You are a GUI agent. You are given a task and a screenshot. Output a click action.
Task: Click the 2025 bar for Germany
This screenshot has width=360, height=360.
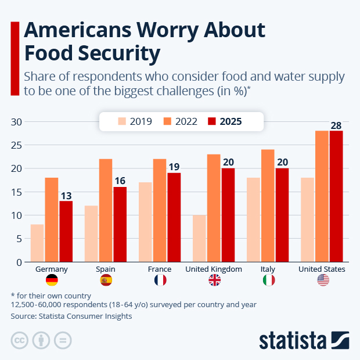tap(66, 231)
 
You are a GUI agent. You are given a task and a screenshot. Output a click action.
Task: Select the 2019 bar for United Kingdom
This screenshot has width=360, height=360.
tap(199, 238)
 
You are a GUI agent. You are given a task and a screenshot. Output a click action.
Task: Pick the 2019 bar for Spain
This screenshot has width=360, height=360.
tap(91, 233)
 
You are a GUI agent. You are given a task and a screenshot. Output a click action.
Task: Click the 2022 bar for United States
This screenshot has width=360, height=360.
tap(322, 196)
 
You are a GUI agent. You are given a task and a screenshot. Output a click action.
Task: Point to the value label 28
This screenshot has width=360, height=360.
tap(336, 125)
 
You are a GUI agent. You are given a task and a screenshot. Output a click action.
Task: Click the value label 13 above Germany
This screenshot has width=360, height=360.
tap(66, 196)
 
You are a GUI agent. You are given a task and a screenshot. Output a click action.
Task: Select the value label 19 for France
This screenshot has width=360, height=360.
tap(174, 167)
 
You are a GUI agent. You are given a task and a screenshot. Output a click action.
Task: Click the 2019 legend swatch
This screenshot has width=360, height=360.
tap(122, 121)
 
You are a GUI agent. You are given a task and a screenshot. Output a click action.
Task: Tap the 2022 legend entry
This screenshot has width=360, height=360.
tap(180, 121)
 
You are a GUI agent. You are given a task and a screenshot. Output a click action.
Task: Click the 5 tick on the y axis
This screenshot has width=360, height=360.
tap(19, 239)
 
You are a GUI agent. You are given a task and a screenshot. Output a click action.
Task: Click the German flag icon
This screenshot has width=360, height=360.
tap(52, 280)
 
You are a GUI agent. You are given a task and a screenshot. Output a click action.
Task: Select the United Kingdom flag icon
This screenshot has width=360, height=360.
tap(214, 280)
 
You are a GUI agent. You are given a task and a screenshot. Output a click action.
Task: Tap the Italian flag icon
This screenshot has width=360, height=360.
tap(269, 280)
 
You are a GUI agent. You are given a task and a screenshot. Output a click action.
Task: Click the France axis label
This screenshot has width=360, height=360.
tap(160, 269)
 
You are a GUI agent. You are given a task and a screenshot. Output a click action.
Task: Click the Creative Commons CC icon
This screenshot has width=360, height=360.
tap(20, 340)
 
